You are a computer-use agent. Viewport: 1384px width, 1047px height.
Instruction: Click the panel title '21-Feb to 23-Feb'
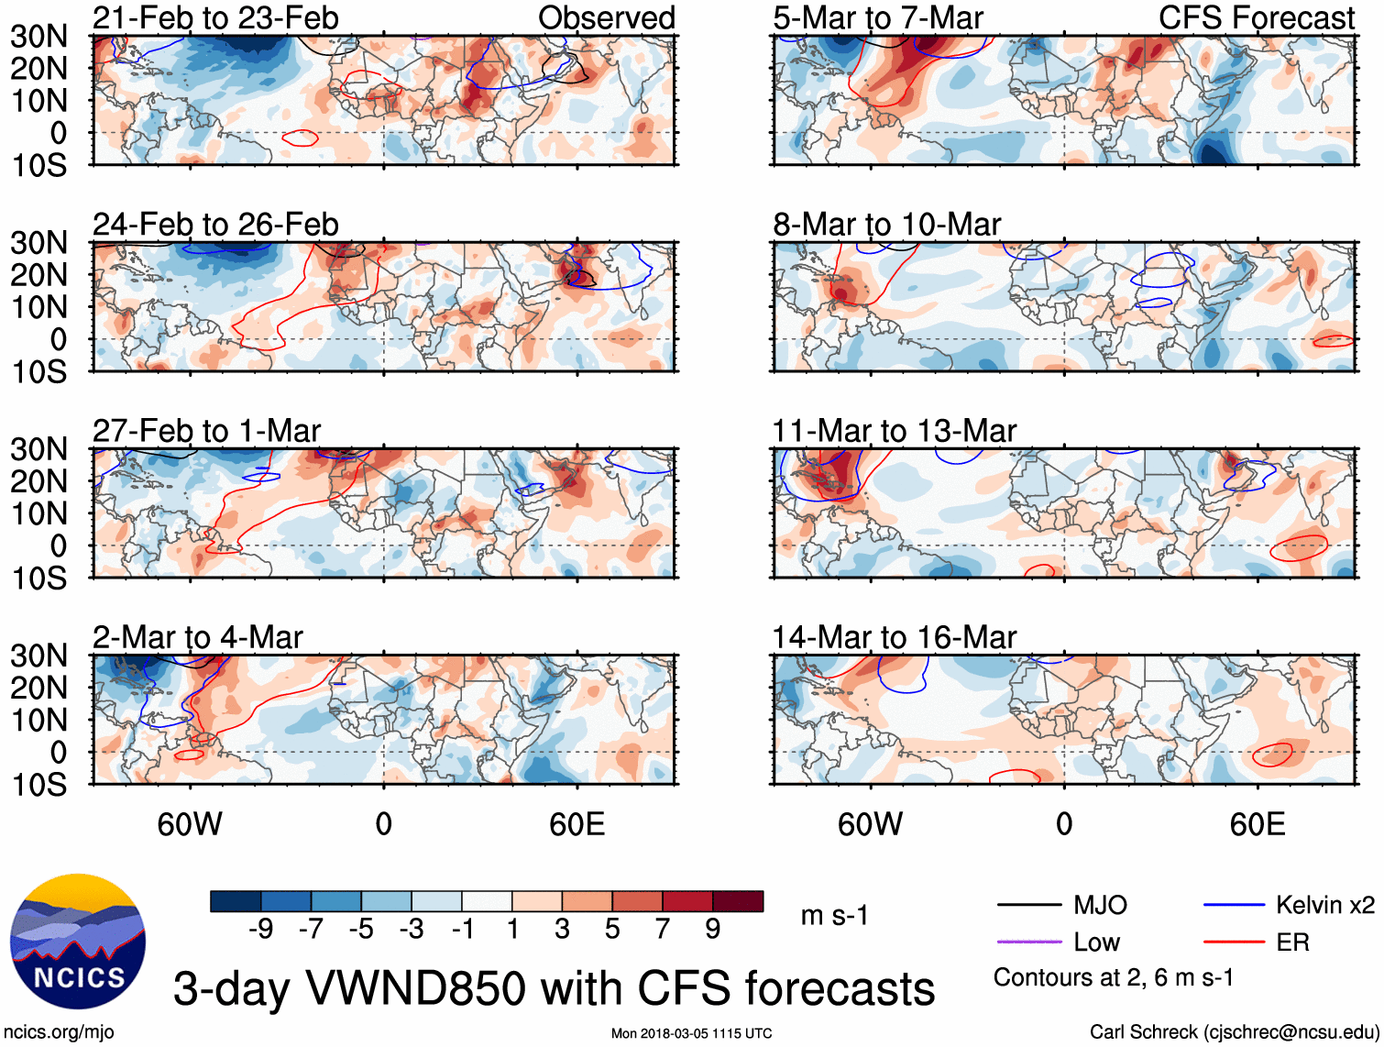tap(215, 17)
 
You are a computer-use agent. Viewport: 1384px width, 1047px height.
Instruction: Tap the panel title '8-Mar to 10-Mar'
tap(886, 225)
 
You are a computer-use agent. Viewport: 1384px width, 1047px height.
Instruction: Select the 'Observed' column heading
tap(606, 17)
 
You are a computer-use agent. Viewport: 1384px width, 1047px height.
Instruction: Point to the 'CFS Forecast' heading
tap(1256, 17)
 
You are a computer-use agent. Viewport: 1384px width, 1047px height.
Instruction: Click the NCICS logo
tap(78, 942)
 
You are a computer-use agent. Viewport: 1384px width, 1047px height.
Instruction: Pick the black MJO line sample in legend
tap(1028, 905)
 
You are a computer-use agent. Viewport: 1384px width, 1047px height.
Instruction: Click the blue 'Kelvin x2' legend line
tap(1234, 905)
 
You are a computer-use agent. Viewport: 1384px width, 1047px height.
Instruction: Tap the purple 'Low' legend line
tap(1028, 942)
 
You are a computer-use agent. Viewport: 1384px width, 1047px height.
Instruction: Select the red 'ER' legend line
tap(1234, 942)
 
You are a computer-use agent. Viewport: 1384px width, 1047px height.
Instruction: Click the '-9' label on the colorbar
tap(261, 930)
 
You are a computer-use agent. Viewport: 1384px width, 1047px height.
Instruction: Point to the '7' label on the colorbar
tap(663, 930)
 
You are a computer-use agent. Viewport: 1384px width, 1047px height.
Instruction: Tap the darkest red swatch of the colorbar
tap(738, 901)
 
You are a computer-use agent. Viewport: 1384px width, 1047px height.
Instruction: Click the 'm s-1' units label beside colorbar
tap(834, 915)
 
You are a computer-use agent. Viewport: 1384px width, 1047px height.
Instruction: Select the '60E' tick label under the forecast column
tap(1257, 824)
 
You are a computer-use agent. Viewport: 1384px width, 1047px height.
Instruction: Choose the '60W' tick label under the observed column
tap(190, 824)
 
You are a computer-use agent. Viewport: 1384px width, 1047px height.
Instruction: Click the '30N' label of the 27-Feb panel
tap(38, 449)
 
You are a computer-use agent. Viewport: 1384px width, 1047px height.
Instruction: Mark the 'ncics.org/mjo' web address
tap(59, 1032)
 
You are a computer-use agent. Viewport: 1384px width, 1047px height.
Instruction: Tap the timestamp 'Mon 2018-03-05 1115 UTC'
tap(691, 1033)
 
